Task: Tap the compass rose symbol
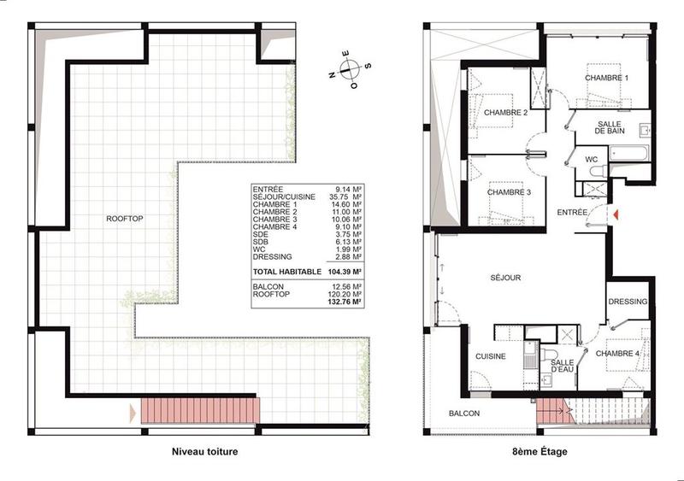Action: pyautogui.click(x=349, y=71)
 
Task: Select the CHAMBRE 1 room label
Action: pyautogui.click(x=606, y=78)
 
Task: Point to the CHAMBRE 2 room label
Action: pyautogui.click(x=504, y=113)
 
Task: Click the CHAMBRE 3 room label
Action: pyautogui.click(x=509, y=192)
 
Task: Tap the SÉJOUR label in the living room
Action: pyautogui.click(x=505, y=278)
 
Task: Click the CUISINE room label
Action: pyautogui.click(x=491, y=356)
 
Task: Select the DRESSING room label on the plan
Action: pyautogui.click(x=628, y=302)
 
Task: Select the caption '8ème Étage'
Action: pyautogui.click(x=540, y=451)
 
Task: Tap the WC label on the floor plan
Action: pyautogui.click(x=591, y=160)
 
